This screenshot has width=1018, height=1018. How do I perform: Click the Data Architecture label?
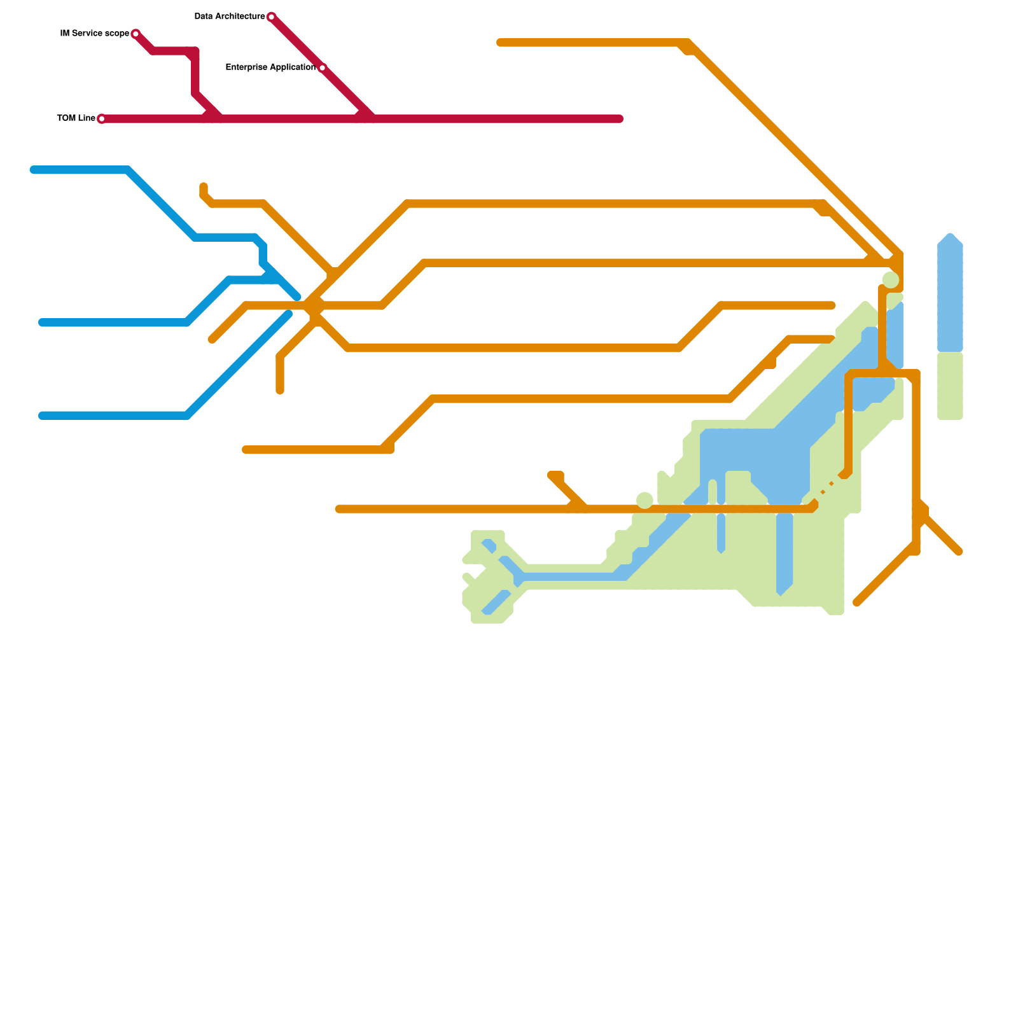[229, 17]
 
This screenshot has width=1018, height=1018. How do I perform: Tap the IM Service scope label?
[94, 34]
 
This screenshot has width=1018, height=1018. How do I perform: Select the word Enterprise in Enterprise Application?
[246, 67]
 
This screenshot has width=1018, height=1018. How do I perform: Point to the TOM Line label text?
[76, 118]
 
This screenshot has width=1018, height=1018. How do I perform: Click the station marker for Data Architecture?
[272, 17]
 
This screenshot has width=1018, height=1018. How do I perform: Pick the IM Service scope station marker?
[136, 34]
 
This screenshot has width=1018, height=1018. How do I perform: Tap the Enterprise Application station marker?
[322, 67]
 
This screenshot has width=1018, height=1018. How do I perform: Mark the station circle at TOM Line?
[102, 119]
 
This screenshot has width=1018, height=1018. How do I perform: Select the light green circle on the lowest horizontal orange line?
[645, 501]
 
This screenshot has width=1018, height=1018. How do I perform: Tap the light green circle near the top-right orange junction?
[891, 280]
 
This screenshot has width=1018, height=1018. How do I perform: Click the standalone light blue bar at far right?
[950, 293]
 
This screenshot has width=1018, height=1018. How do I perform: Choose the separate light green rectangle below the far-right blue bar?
[950, 386]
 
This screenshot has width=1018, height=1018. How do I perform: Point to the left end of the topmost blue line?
[34, 170]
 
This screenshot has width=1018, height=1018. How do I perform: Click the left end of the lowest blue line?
[43, 415]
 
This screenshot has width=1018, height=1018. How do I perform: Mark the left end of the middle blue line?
[43, 323]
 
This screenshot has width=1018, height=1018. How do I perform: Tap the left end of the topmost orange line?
[501, 43]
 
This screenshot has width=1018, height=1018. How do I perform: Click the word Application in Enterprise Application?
[291, 67]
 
